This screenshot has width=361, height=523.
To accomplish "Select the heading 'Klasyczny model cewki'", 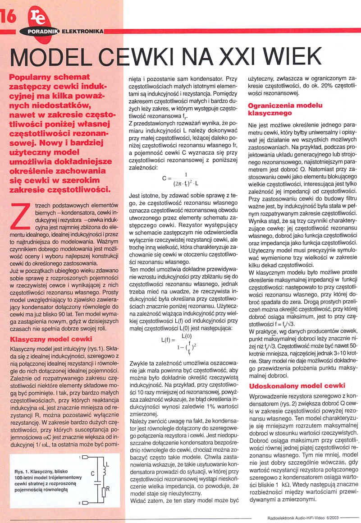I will point(51,339).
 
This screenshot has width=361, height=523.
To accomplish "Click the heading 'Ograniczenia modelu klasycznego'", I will point(285,109).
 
